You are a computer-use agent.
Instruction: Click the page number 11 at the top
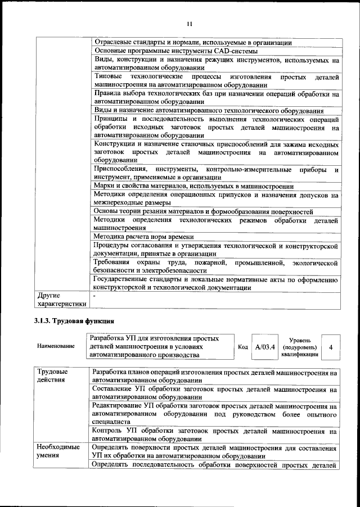click(x=189, y=23)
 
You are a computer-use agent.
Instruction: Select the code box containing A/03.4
click(x=264, y=347)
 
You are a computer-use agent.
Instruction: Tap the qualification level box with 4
click(x=331, y=347)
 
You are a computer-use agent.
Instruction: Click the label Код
click(x=243, y=347)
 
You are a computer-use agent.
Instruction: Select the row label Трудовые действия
click(x=52, y=376)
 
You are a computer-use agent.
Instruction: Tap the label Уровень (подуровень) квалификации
click(x=303, y=347)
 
